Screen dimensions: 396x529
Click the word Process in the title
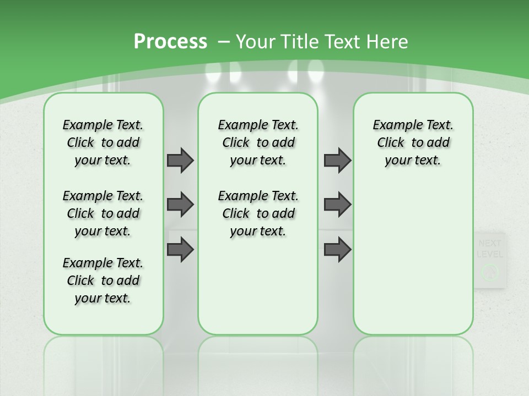[x=170, y=42]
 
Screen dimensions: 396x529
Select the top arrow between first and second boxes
[x=180, y=160]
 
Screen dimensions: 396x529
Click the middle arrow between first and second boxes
[x=180, y=205]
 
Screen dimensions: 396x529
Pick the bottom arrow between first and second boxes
[x=180, y=250]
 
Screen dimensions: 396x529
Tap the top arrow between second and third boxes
[x=338, y=160]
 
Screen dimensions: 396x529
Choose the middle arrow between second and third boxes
[x=338, y=205]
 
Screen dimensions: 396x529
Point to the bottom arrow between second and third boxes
[x=338, y=250]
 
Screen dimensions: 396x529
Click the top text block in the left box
[x=103, y=142]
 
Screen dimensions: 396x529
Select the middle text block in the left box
[x=103, y=213]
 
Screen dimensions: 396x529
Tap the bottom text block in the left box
[x=103, y=280]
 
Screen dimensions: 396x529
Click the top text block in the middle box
[x=258, y=142]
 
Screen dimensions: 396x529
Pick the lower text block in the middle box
[x=258, y=213]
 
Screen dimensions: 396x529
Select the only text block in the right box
[x=413, y=142]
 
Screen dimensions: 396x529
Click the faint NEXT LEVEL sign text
[x=489, y=249]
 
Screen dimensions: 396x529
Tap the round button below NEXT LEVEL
[x=489, y=272]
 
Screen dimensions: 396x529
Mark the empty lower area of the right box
[x=413, y=253]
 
